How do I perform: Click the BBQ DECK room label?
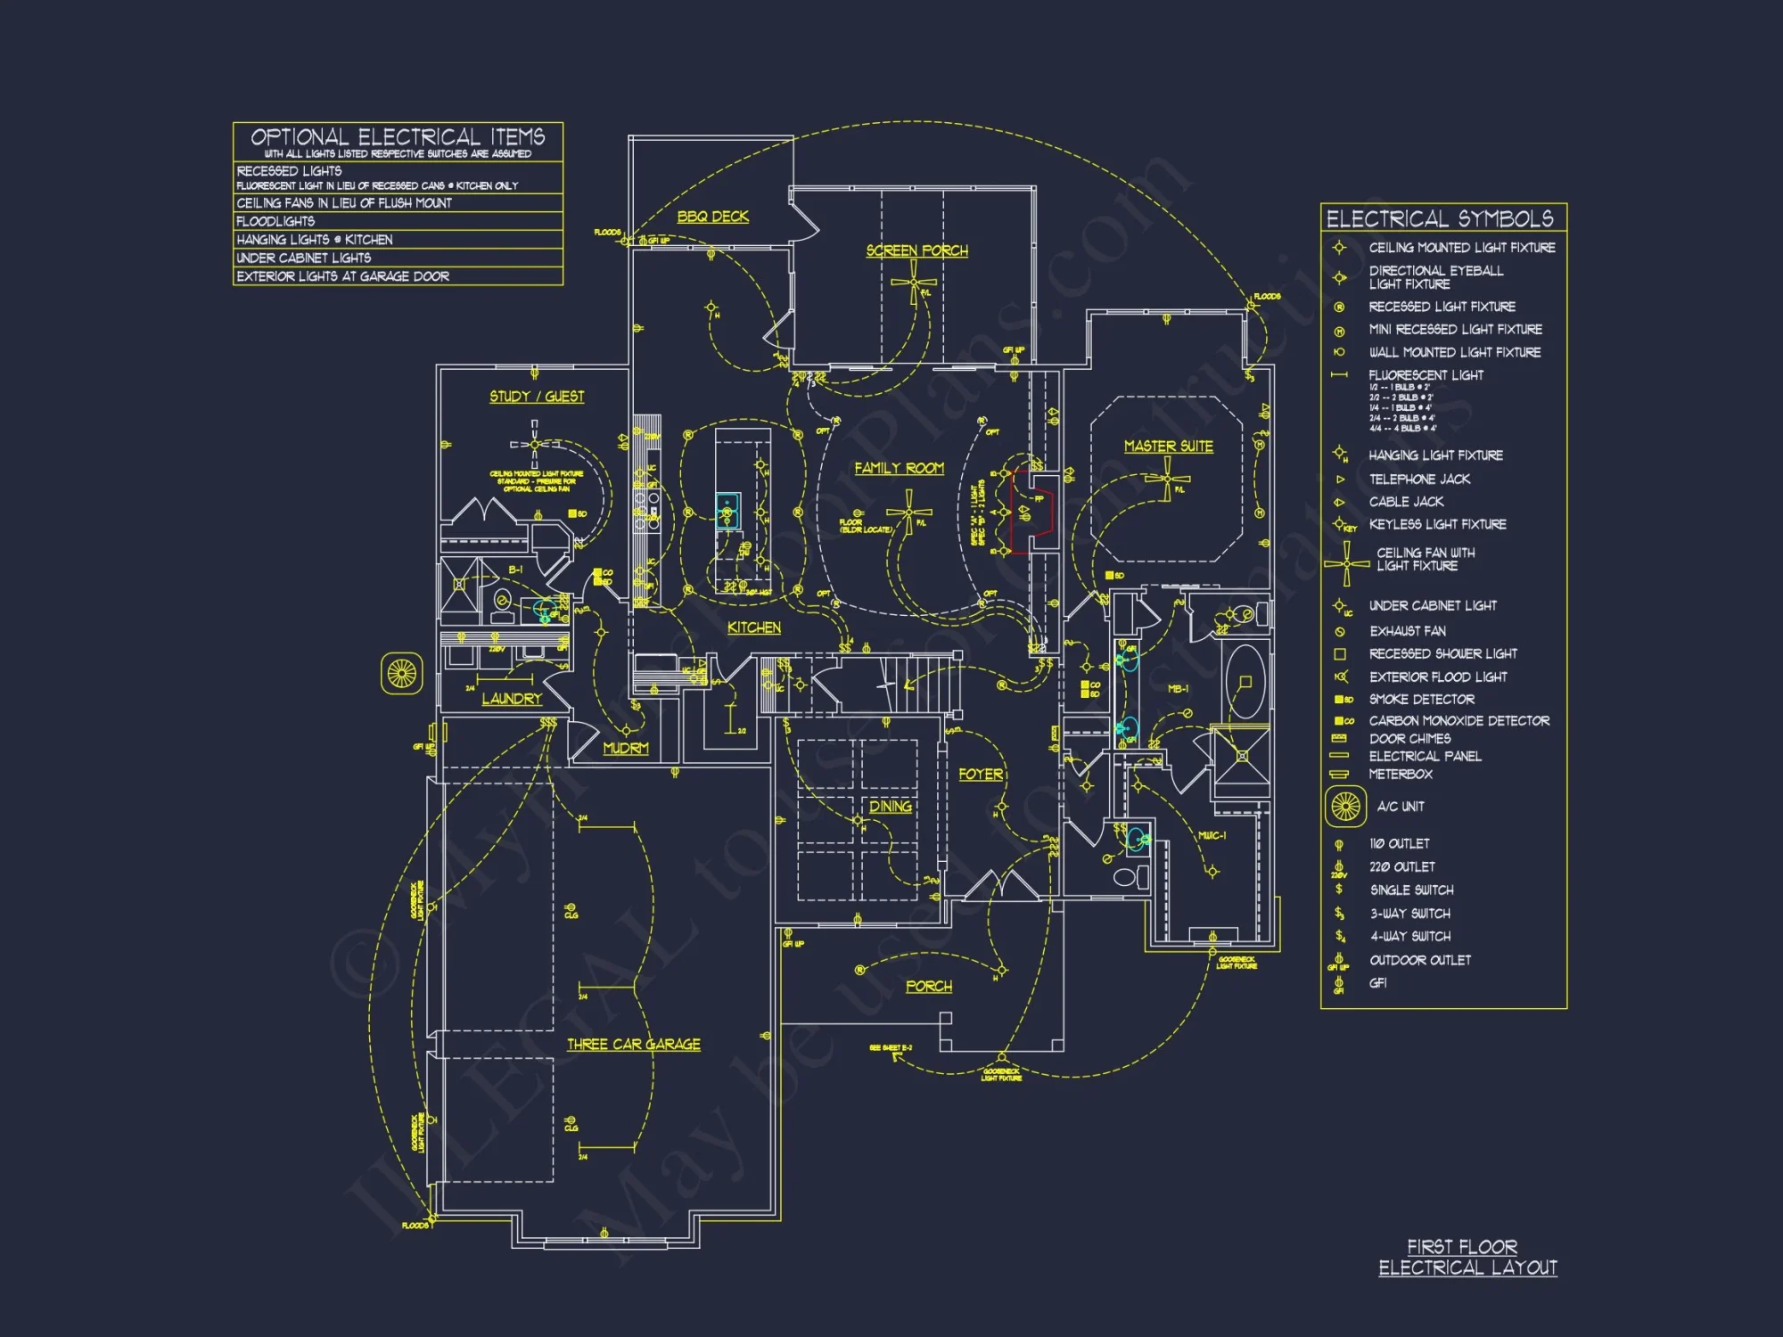(712, 217)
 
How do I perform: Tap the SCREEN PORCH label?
(916, 250)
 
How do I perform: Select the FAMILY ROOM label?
(899, 468)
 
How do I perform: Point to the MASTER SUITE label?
(1168, 446)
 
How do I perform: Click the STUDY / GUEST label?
(537, 396)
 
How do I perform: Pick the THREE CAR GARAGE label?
(633, 1044)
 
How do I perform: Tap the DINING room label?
(890, 806)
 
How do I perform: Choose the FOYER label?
(981, 775)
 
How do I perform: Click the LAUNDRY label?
(512, 699)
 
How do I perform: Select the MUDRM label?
(625, 748)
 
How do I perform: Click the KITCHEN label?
(753, 627)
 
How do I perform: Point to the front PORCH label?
(928, 986)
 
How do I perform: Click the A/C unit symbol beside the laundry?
(401, 673)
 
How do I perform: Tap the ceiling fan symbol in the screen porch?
(913, 285)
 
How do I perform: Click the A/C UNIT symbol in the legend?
(1345, 807)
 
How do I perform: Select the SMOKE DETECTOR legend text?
(1421, 700)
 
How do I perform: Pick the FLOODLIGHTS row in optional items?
(275, 221)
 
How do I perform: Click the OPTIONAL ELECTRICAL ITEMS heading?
(398, 137)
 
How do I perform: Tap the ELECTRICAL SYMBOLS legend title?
(1439, 218)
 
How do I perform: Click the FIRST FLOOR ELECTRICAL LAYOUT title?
(1467, 1257)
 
